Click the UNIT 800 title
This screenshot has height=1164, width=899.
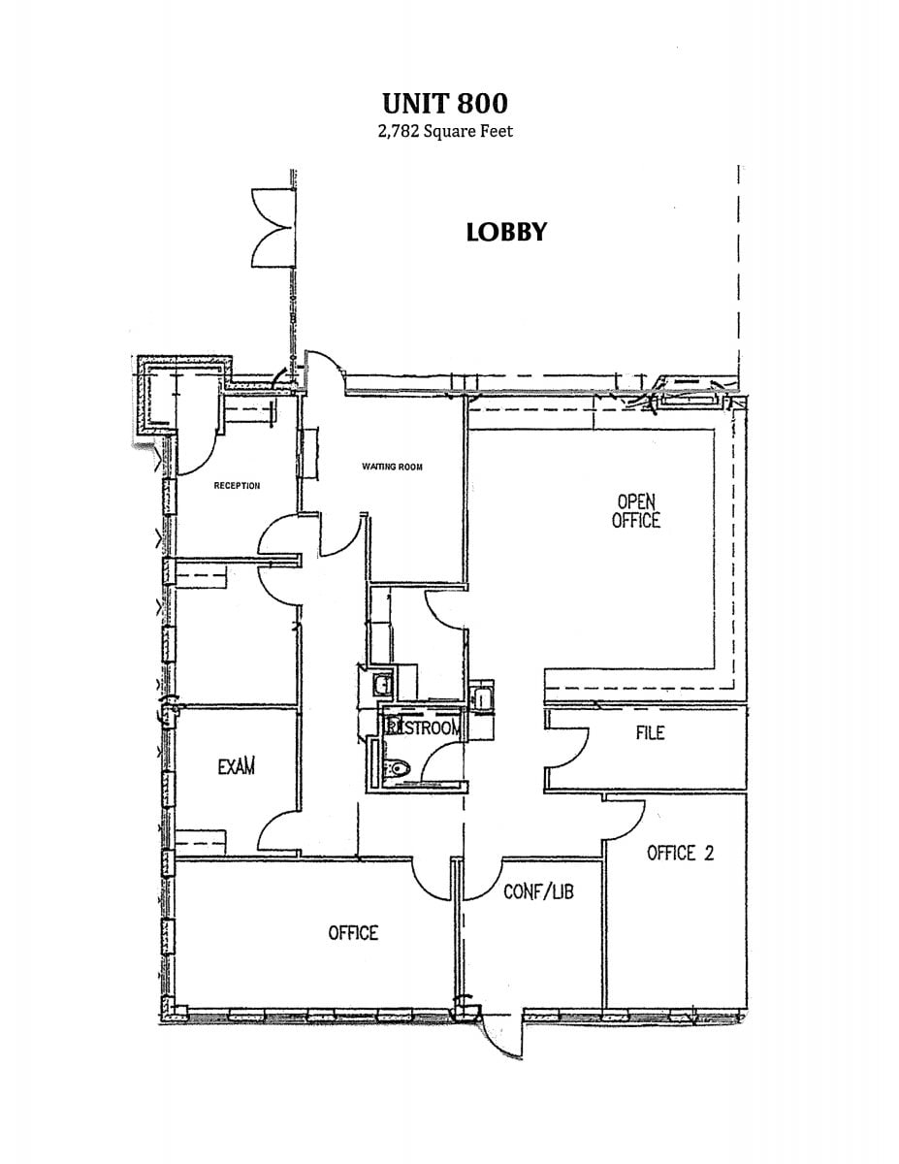(445, 103)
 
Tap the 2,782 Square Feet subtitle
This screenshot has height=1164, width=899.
(445, 131)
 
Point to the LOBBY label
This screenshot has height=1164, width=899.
(506, 233)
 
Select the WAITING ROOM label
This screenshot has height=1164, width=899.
(392, 467)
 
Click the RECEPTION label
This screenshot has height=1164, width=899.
(237, 486)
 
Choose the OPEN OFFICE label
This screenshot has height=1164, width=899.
(636, 511)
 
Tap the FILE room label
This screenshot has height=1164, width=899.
(650, 732)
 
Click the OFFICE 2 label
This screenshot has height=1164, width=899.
(680, 853)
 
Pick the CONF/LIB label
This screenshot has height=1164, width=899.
(538, 890)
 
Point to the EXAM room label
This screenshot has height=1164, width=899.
(236, 766)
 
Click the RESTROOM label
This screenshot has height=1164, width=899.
(423, 727)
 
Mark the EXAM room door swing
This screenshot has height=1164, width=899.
(279, 832)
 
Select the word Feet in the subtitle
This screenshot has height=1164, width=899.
(496, 131)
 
